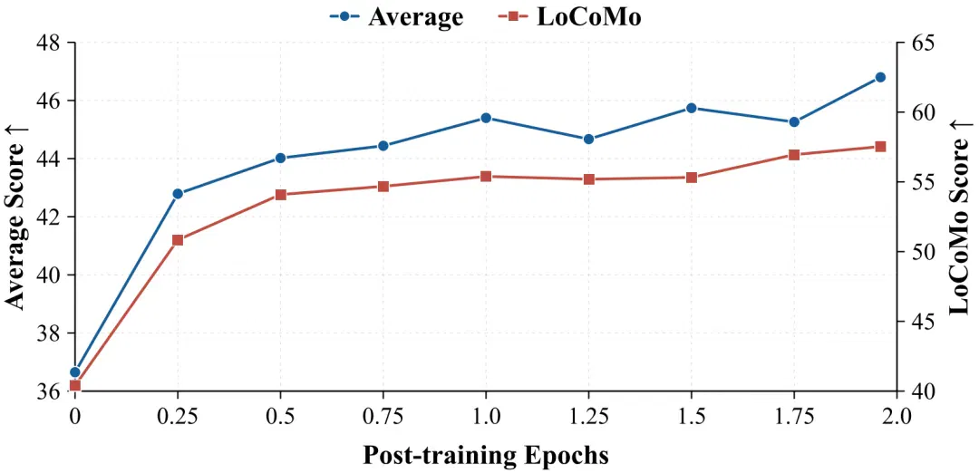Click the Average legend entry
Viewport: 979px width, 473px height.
click(396, 16)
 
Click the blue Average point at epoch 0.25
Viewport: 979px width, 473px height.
click(178, 193)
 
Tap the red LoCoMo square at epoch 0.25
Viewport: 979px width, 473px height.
click(178, 240)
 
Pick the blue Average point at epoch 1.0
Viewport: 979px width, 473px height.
click(486, 118)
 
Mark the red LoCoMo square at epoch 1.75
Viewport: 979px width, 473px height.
click(794, 155)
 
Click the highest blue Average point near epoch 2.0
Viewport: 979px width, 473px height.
click(880, 77)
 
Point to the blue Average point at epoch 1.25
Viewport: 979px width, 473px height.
click(589, 139)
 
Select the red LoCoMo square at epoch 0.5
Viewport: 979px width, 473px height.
click(280, 195)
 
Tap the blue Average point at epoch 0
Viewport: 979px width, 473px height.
click(75, 372)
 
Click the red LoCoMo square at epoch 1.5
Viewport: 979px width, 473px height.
click(691, 178)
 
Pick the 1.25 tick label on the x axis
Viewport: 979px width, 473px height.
click(589, 415)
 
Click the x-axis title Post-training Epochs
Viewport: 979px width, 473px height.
click(486, 455)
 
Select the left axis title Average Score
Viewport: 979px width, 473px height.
click(16, 217)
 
